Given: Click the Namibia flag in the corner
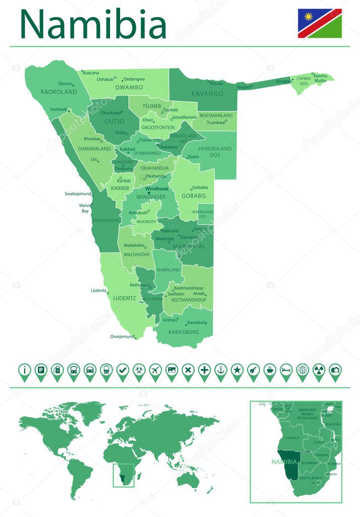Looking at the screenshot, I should tap(319, 23).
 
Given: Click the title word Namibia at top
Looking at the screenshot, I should tap(93, 24).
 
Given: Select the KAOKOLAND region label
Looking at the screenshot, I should tap(59, 92).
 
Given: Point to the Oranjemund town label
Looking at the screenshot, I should tap(122, 337).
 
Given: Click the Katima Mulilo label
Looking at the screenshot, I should tap(320, 78).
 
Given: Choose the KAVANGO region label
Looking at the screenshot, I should tap(207, 94).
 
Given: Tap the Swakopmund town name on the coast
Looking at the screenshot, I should tap(78, 193).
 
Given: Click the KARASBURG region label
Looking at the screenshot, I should tap(184, 332).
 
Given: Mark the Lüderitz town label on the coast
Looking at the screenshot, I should tap(98, 291).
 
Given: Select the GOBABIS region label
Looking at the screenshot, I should tap(194, 195).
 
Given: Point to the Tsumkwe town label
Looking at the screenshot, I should tap(216, 122).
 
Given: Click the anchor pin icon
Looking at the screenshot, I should tap(220, 371).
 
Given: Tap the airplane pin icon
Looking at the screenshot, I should tap(155, 371).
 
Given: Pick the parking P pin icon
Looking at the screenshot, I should tap(41, 371).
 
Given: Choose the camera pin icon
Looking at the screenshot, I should tap(334, 371).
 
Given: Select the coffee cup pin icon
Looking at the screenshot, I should tap(269, 371).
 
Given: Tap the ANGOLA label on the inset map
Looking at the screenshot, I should tap(292, 438).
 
